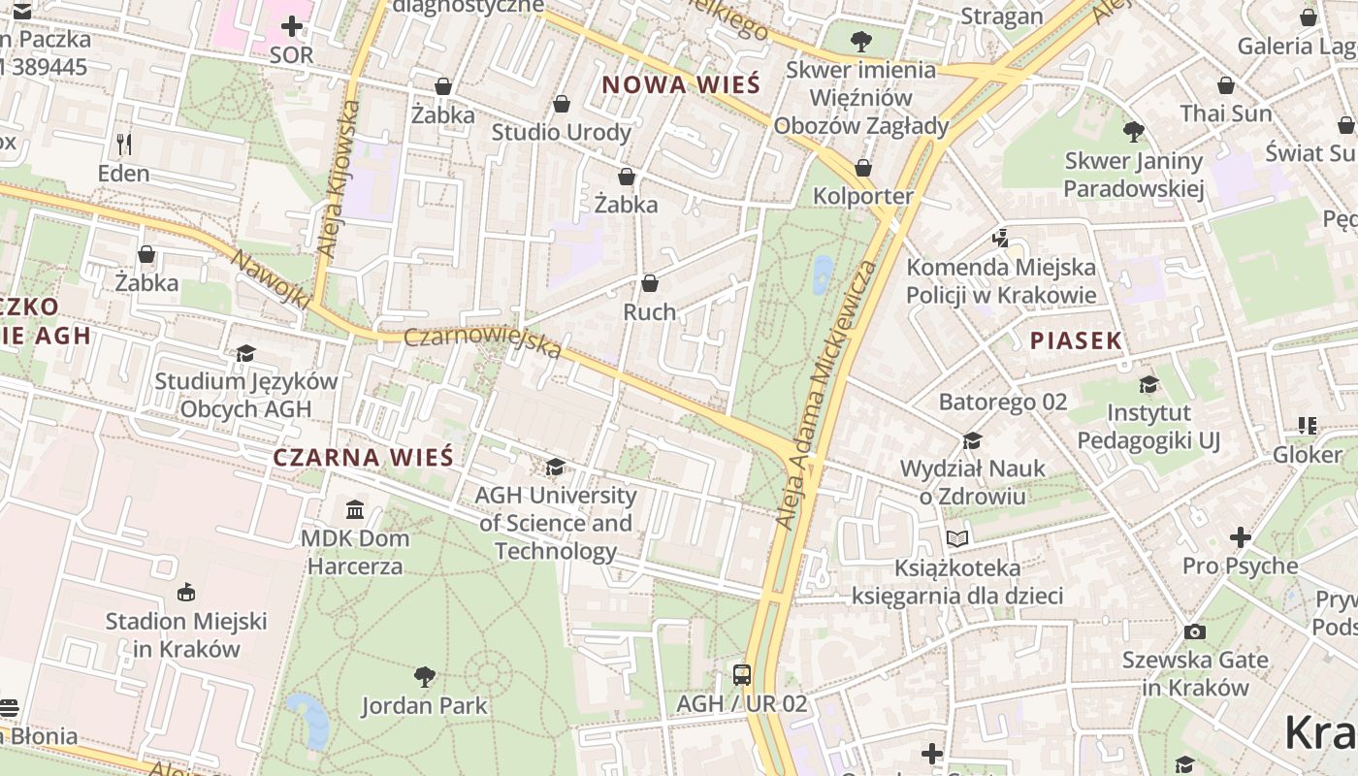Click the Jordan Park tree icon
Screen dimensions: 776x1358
tap(424, 676)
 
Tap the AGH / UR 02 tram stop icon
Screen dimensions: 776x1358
tap(742, 675)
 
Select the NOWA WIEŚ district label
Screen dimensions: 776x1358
tap(681, 84)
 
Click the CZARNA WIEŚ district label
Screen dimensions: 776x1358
tap(364, 457)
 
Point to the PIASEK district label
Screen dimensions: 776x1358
tap(1076, 340)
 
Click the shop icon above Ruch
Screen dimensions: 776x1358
tap(649, 283)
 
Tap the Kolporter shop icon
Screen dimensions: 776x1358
tap(863, 168)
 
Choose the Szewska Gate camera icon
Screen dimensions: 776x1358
tap(1195, 631)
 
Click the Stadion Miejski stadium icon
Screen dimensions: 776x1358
tap(186, 592)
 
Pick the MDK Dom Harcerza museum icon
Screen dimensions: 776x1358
tap(355, 509)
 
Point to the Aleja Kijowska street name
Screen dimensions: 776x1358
tap(338, 180)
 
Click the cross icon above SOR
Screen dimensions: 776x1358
tap(291, 26)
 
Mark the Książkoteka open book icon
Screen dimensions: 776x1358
tap(957, 538)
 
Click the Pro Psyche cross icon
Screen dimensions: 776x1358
tap(1240, 536)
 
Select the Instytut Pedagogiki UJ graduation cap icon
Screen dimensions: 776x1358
tap(1148, 385)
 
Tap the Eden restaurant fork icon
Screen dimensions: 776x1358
tap(123, 145)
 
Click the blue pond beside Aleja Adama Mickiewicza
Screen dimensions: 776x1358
tap(823, 275)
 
